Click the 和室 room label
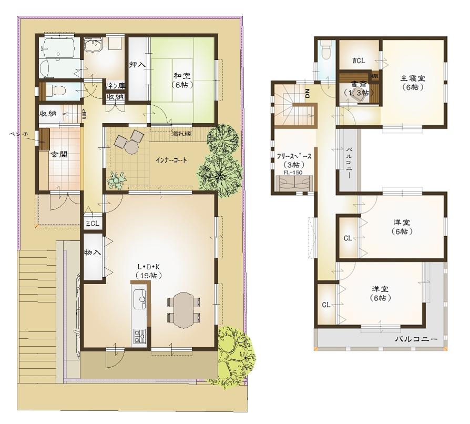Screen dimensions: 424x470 (x=182, y=76)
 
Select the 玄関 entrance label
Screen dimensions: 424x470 (x=57, y=156)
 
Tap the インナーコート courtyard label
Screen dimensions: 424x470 (x=171, y=160)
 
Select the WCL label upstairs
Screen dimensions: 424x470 (x=359, y=59)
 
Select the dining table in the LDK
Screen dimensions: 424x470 (x=184, y=309)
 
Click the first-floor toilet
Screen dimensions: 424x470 (x=53, y=90)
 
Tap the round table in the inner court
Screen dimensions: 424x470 (x=129, y=148)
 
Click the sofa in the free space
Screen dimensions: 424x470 (x=295, y=184)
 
